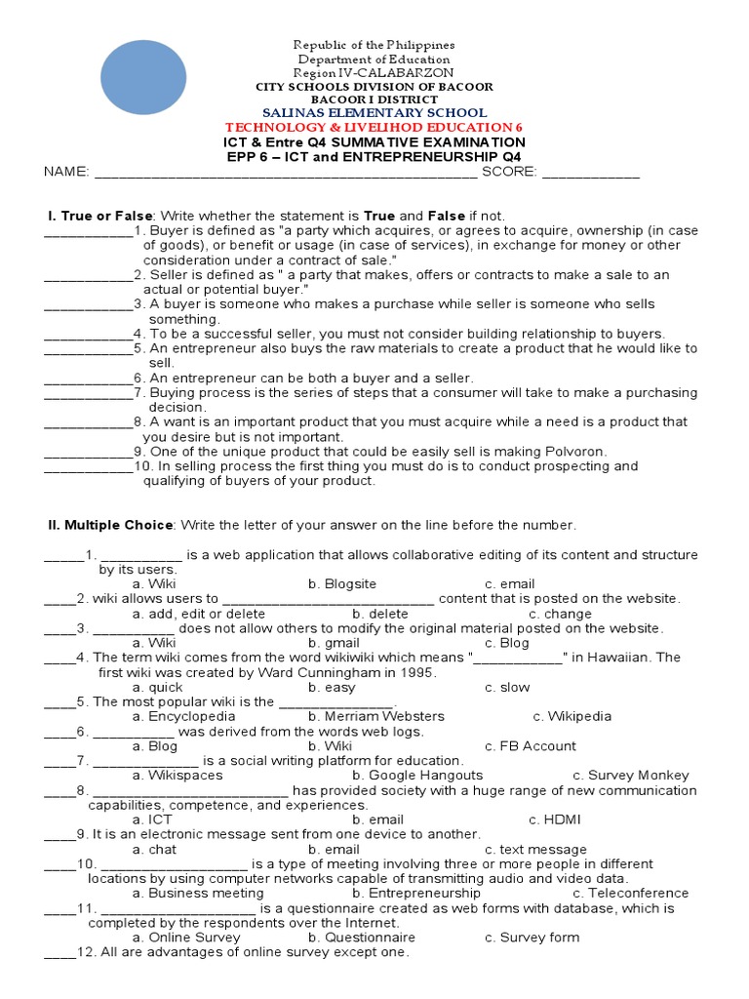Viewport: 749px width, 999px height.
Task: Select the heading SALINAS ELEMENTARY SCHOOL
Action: [x=374, y=113]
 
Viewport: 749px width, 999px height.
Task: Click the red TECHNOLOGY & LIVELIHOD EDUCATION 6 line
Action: [x=374, y=128]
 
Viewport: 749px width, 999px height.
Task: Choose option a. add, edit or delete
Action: [x=199, y=614]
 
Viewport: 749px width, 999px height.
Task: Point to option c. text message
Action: [x=535, y=849]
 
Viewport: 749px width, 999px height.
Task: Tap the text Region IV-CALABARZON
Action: [x=374, y=73]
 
